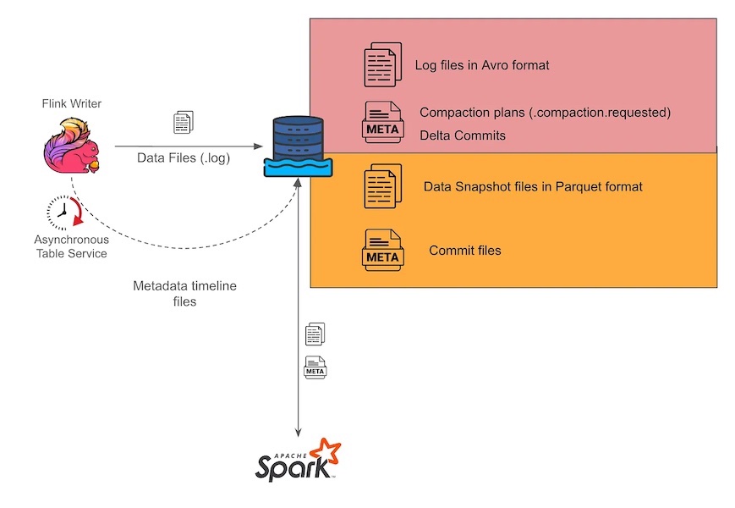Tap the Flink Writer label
pyautogui.click(x=71, y=103)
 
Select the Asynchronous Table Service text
pyautogui.click(x=71, y=246)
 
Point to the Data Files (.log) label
pyautogui.click(x=184, y=157)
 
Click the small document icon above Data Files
pyautogui.click(x=183, y=122)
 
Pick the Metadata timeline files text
pyautogui.click(x=184, y=294)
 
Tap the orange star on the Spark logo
pyautogui.click(x=326, y=451)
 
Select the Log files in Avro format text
pyautogui.click(x=482, y=65)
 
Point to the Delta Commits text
pyautogui.click(x=463, y=135)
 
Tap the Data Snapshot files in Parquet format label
pyautogui.click(x=533, y=186)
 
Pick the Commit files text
pyautogui.click(x=465, y=251)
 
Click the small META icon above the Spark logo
pyautogui.click(x=315, y=367)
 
